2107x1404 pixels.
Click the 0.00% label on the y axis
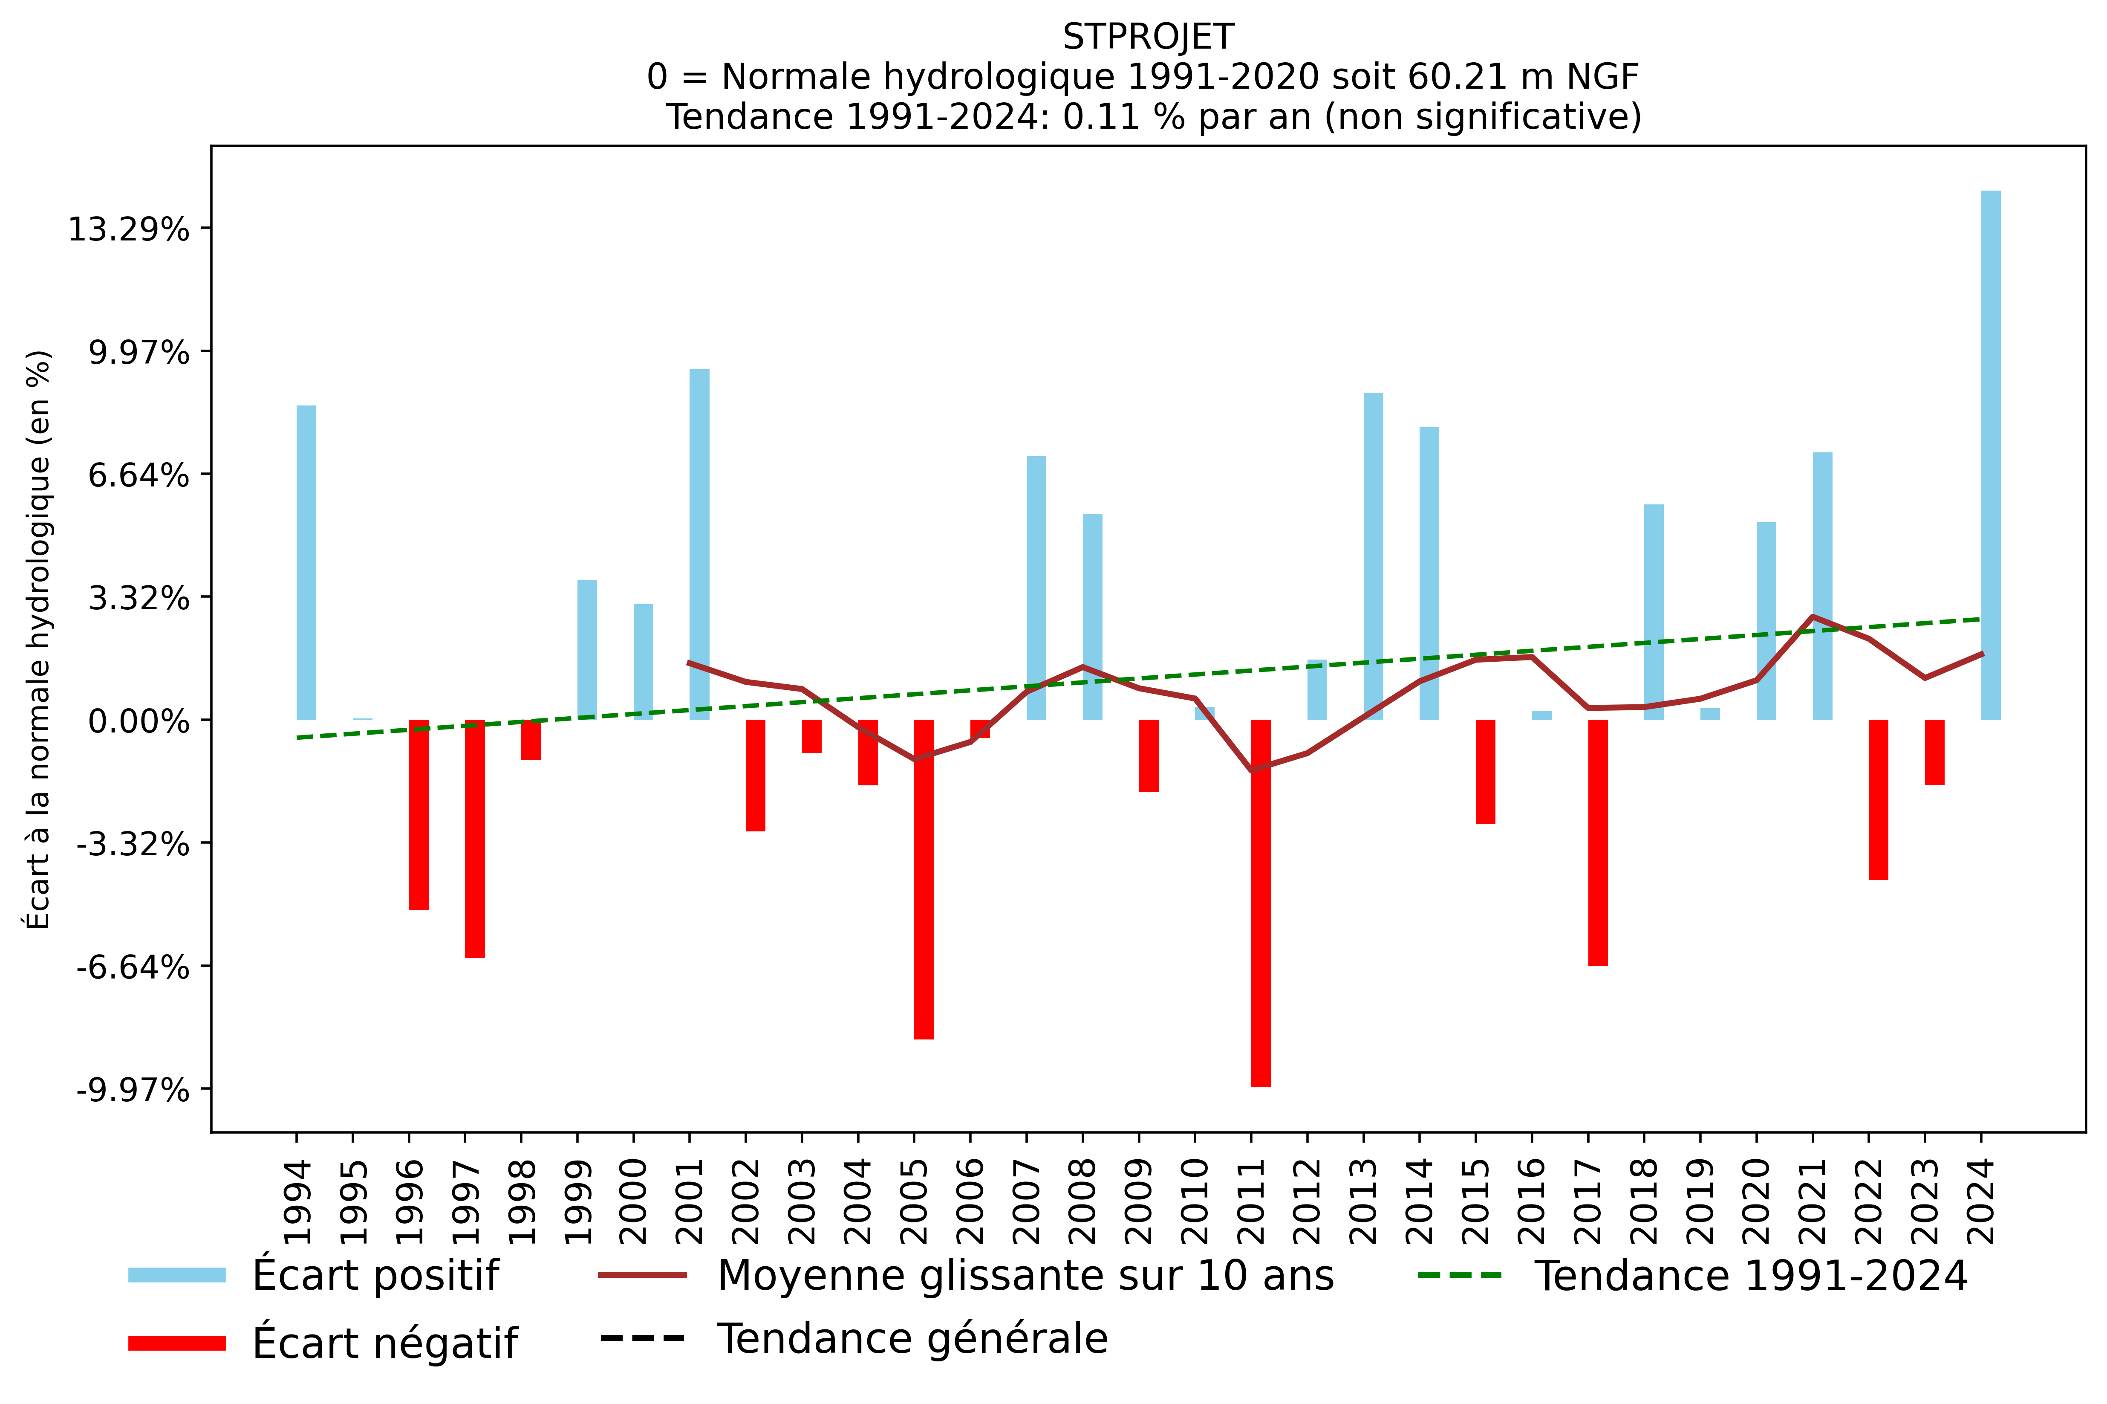139,721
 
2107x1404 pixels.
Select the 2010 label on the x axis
1196,1201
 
